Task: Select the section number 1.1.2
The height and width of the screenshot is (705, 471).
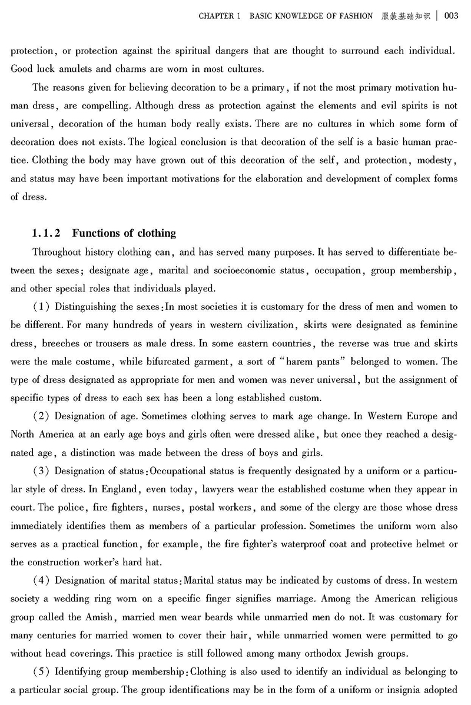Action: tap(49, 233)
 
